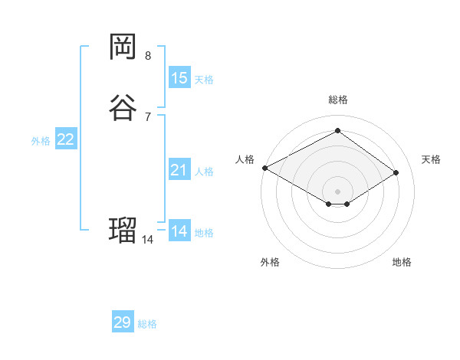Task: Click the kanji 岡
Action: point(123,47)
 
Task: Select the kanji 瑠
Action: point(123,230)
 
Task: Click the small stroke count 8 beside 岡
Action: point(148,56)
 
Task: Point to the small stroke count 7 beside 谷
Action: point(148,116)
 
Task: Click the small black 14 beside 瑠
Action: point(148,239)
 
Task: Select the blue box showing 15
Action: point(179,77)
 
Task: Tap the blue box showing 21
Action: point(179,170)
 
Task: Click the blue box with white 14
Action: point(179,231)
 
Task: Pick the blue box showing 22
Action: point(66,139)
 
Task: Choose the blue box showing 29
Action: point(123,322)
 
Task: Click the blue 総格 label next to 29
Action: point(147,324)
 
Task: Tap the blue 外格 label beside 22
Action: point(41,141)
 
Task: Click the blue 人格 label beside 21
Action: point(204,172)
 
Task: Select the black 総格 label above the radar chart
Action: point(338,100)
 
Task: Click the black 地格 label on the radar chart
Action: point(402,263)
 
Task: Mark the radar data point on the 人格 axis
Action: point(264,167)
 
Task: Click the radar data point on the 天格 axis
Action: point(396,172)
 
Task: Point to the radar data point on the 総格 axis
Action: point(338,131)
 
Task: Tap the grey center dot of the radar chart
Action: point(338,191)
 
